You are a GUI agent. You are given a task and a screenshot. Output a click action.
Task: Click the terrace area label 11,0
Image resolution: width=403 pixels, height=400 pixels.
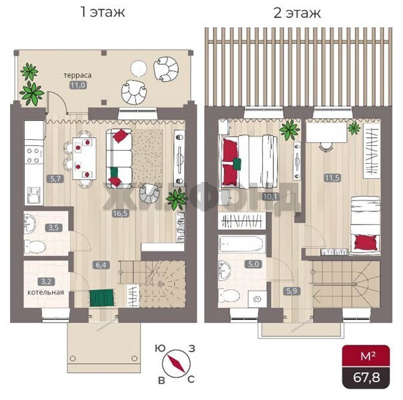pos(78,85)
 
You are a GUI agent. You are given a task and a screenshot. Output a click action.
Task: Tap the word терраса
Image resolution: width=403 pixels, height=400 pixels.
pos(77,75)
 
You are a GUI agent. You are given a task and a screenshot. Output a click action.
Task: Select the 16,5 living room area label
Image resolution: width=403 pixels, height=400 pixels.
pos(120,213)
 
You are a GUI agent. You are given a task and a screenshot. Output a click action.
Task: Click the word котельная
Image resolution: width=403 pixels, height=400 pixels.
pos(46,292)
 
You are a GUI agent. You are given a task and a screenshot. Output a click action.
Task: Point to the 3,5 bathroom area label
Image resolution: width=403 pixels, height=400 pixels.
pos(53,227)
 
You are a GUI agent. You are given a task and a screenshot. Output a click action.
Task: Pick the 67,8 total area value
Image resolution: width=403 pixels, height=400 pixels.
pos(366,377)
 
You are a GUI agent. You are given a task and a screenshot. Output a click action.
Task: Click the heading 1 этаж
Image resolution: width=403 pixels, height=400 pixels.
pos(103,12)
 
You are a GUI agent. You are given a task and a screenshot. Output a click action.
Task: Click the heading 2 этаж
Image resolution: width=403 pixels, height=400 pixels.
pos(297,13)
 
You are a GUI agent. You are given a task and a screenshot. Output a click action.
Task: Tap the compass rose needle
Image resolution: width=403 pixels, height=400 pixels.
pos(176,363)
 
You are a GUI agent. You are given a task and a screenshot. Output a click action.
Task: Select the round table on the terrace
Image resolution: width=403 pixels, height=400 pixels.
pos(139,68)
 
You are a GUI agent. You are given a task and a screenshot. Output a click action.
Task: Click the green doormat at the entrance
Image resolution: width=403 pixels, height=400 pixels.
pos(101,297)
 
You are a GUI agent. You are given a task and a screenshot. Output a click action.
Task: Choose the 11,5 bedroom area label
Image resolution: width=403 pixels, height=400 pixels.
pos(332,177)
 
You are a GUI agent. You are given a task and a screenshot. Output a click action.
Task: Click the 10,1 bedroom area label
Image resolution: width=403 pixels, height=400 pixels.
pos(270,197)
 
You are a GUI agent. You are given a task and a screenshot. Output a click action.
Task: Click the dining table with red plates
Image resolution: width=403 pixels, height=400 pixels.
pos(85,159)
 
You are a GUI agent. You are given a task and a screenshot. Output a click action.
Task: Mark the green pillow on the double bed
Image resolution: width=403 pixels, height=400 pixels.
pos(237,164)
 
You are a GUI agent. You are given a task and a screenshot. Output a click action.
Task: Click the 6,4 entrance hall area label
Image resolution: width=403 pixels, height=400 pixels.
pos(101,265)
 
